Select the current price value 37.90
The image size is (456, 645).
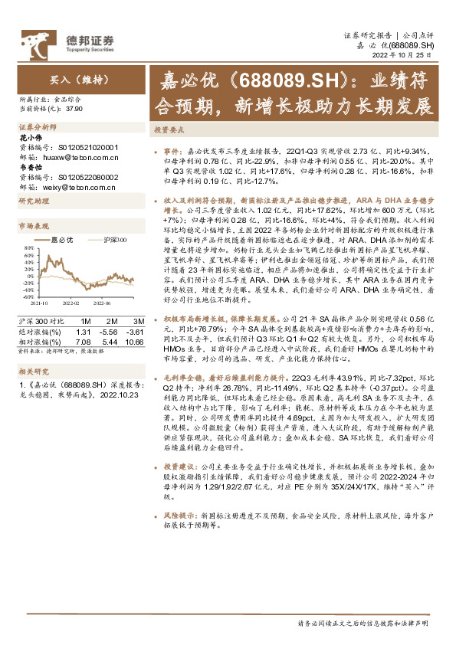click(74, 110)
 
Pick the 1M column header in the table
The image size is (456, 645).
click(86, 320)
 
